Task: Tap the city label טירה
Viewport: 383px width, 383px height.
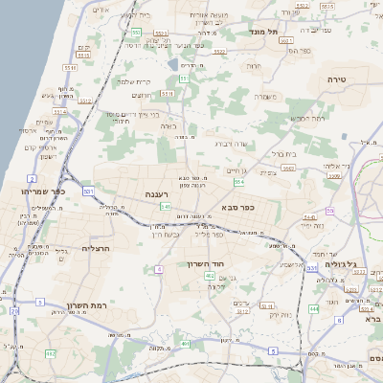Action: (x=335, y=78)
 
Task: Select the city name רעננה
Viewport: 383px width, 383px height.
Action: (x=155, y=194)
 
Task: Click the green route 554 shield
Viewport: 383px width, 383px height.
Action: (x=238, y=182)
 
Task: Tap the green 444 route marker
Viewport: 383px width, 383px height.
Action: (x=313, y=308)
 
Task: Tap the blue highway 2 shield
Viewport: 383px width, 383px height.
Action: (x=32, y=178)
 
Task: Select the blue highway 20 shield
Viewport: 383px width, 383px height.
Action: (x=13, y=310)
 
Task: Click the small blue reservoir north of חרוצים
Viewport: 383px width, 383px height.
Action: (x=171, y=65)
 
